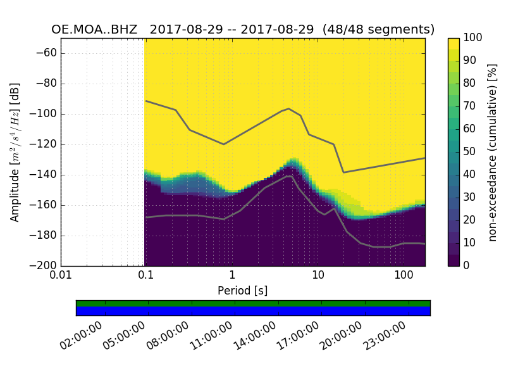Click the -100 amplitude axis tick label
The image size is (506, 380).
[x=43, y=114]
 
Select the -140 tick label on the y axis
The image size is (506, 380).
[x=43, y=175]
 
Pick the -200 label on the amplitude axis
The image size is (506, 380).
[x=43, y=266]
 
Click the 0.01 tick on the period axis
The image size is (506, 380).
[x=61, y=275]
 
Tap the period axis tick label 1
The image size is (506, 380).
[x=232, y=275]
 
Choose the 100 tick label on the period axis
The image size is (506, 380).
[x=404, y=275]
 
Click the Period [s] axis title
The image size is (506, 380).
[x=243, y=291]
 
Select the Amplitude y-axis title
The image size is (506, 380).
[x=15, y=152]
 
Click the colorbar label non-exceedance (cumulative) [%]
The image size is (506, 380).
[x=494, y=152]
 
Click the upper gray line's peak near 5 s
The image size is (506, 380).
[x=289, y=108]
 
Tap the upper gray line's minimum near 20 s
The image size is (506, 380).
[x=343, y=172]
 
